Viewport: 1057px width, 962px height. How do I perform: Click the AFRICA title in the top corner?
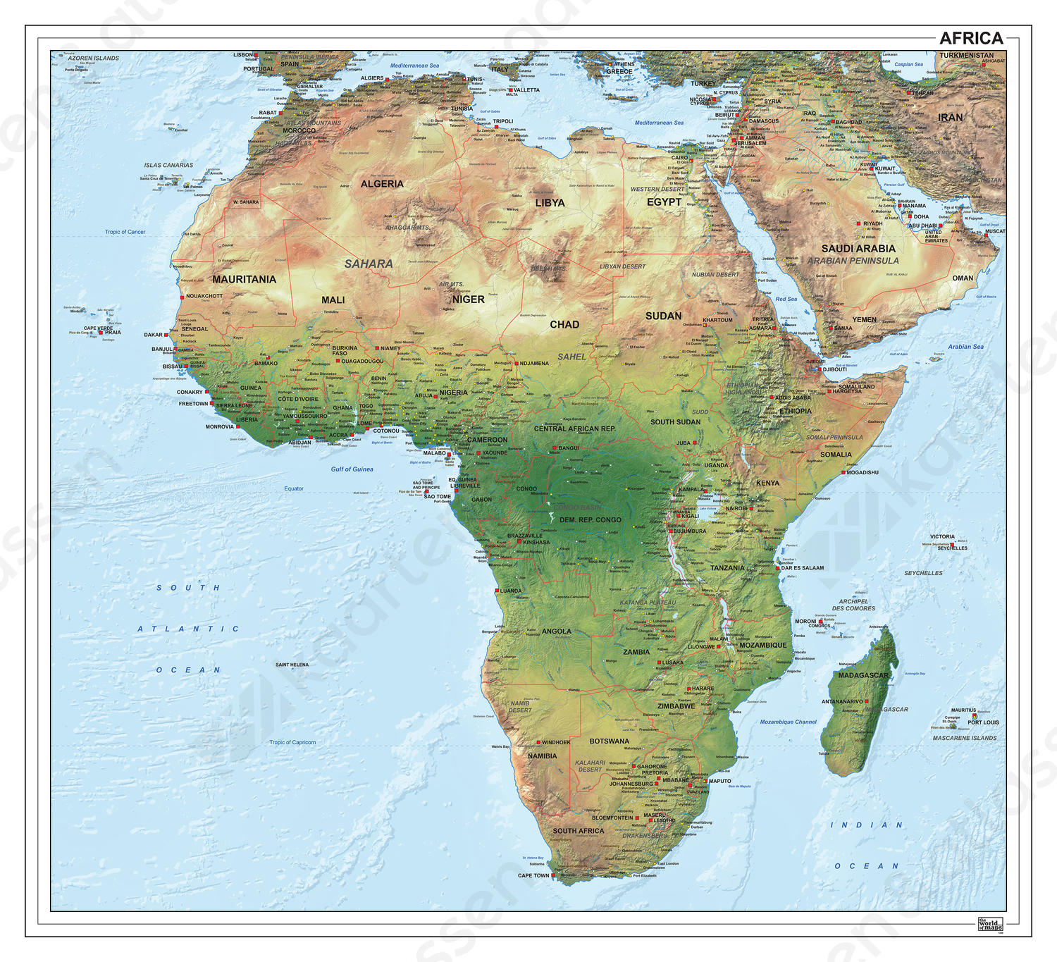[x=971, y=38]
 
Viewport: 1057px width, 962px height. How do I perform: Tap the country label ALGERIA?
[x=382, y=184]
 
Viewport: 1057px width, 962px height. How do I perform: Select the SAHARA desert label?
[x=369, y=264]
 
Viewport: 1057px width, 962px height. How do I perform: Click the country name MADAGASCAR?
[x=863, y=675]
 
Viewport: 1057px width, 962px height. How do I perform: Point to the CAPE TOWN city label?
[x=533, y=875]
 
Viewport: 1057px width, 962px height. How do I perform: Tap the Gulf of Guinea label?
[x=352, y=469]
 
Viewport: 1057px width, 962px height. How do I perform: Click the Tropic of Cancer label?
[x=125, y=232]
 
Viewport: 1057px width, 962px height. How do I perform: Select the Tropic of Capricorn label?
[x=292, y=742]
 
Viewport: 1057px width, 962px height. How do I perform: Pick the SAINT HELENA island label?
[x=292, y=665]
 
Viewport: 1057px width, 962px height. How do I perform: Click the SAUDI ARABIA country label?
[x=858, y=249]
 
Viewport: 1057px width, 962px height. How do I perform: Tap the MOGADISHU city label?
[x=863, y=472]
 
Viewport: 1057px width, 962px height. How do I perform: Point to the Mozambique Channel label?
[x=788, y=722]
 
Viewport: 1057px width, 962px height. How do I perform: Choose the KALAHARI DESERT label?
[x=590, y=766]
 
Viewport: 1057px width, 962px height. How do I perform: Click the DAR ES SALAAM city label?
[x=802, y=567]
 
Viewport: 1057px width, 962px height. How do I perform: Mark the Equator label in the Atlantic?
[x=294, y=488]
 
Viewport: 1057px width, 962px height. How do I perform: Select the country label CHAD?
[x=564, y=325]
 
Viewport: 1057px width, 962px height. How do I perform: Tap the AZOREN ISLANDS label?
[x=94, y=58]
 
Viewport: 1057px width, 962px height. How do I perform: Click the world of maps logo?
[x=990, y=924]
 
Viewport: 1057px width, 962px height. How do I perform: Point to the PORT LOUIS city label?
[x=983, y=722]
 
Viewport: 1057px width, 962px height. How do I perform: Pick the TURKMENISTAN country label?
[x=966, y=55]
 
